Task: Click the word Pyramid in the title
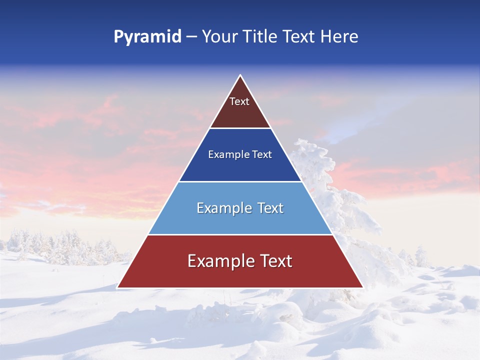click(147, 37)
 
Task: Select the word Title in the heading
click(261, 37)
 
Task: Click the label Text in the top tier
click(239, 101)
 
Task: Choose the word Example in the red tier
click(218, 261)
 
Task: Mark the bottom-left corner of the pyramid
click(117, 287)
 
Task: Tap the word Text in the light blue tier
click(267, 208)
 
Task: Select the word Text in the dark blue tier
click(261, 155)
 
